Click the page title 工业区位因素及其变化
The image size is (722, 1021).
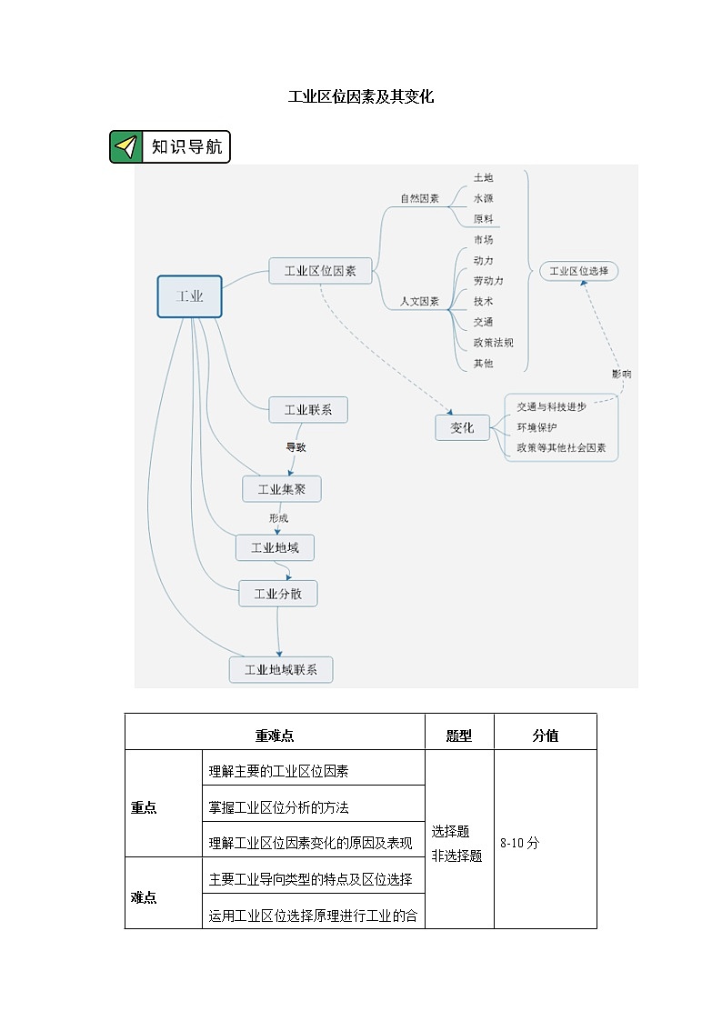pos(361,96)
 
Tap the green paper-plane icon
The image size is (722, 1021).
pos(126,146)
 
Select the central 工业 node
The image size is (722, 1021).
pos(189,296)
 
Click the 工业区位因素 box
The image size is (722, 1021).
pos(320,270)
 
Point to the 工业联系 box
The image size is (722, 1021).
pos(308,410)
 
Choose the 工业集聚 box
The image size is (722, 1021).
pos(282,489)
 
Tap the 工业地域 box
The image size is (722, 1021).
pos(275,547)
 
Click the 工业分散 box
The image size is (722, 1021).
pos(278,594)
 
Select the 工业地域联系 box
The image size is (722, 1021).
pos(281,670)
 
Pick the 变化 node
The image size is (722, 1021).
pos(462,427)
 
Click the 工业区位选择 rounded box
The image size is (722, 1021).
pos(579,271)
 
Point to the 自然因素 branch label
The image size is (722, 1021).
pos(420,198)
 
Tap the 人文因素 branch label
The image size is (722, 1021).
pos(420,302)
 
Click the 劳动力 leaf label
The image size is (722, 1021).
pos(488,281)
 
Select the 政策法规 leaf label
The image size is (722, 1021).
pos(494,343)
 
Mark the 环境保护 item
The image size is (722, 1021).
pos(536,427)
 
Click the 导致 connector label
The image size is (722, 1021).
pos(296,447)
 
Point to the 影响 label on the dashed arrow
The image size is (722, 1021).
pos(622,374)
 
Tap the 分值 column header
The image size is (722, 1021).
pos(545,736)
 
